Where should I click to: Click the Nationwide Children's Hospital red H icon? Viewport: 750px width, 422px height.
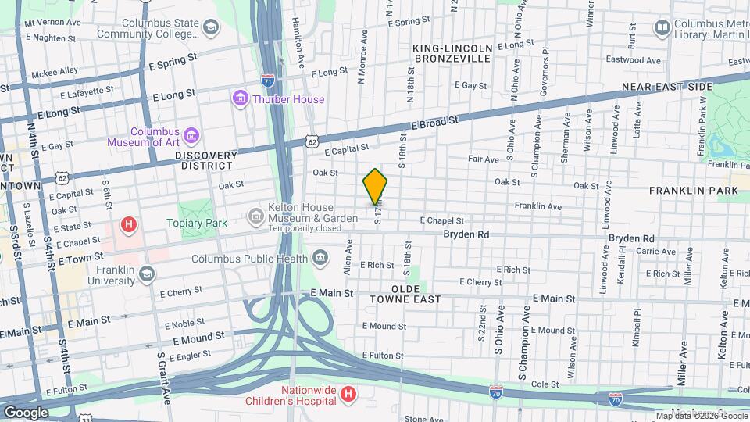click(348, 396)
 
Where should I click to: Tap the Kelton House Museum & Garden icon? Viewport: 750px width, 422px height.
click(255, 215)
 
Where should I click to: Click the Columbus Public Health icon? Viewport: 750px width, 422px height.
click(320, 258)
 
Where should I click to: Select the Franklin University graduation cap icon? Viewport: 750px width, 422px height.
click(146, 273)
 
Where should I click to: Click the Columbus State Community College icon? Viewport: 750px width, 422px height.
click(210, 28)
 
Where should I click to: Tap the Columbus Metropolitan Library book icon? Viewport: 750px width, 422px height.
click(662, 28)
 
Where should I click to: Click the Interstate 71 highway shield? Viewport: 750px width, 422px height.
click(268, 80)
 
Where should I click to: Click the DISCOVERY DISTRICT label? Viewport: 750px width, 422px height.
click(205, 160)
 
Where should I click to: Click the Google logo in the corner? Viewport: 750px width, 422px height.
click(26, 412)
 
